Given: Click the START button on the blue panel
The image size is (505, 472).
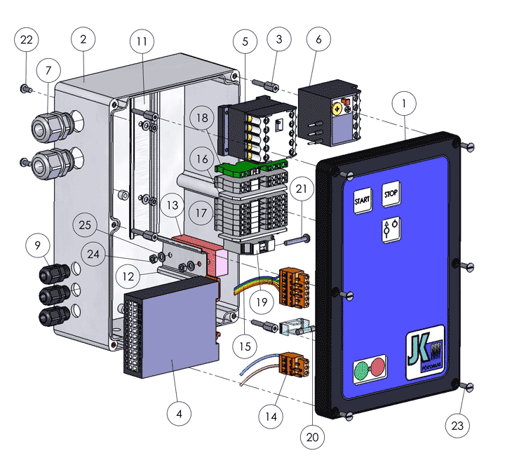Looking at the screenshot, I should click(x=363, y=200).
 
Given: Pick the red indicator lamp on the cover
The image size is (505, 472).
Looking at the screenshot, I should click(x=377, y=366).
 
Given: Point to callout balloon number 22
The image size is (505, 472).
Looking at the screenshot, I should click(x=26, y=40).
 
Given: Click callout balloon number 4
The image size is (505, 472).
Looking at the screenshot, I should click(x=179, y=414).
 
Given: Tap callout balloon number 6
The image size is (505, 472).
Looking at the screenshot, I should click(x=318, y=40).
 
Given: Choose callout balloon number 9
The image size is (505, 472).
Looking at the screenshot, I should click(x=37, y=245).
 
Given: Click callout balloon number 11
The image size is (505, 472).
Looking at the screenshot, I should click(x=142, y=41).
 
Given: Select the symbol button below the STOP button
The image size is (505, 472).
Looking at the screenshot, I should click(x=391, y=229).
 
